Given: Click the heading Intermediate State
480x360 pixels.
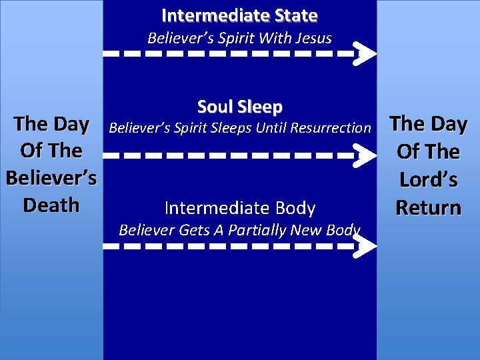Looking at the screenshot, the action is [239, 15].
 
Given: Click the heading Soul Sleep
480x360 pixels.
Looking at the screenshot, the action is [239, 107].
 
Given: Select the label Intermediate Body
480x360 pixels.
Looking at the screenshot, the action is [239, 208].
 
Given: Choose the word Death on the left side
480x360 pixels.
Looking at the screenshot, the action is [51, 205].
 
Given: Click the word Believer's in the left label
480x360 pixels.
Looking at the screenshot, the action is [51, 178].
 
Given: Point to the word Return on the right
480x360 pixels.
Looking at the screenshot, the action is [428, 208].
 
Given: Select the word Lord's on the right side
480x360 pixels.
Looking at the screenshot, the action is [428, 180].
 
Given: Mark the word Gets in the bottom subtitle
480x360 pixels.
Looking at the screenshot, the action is [195, 231].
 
